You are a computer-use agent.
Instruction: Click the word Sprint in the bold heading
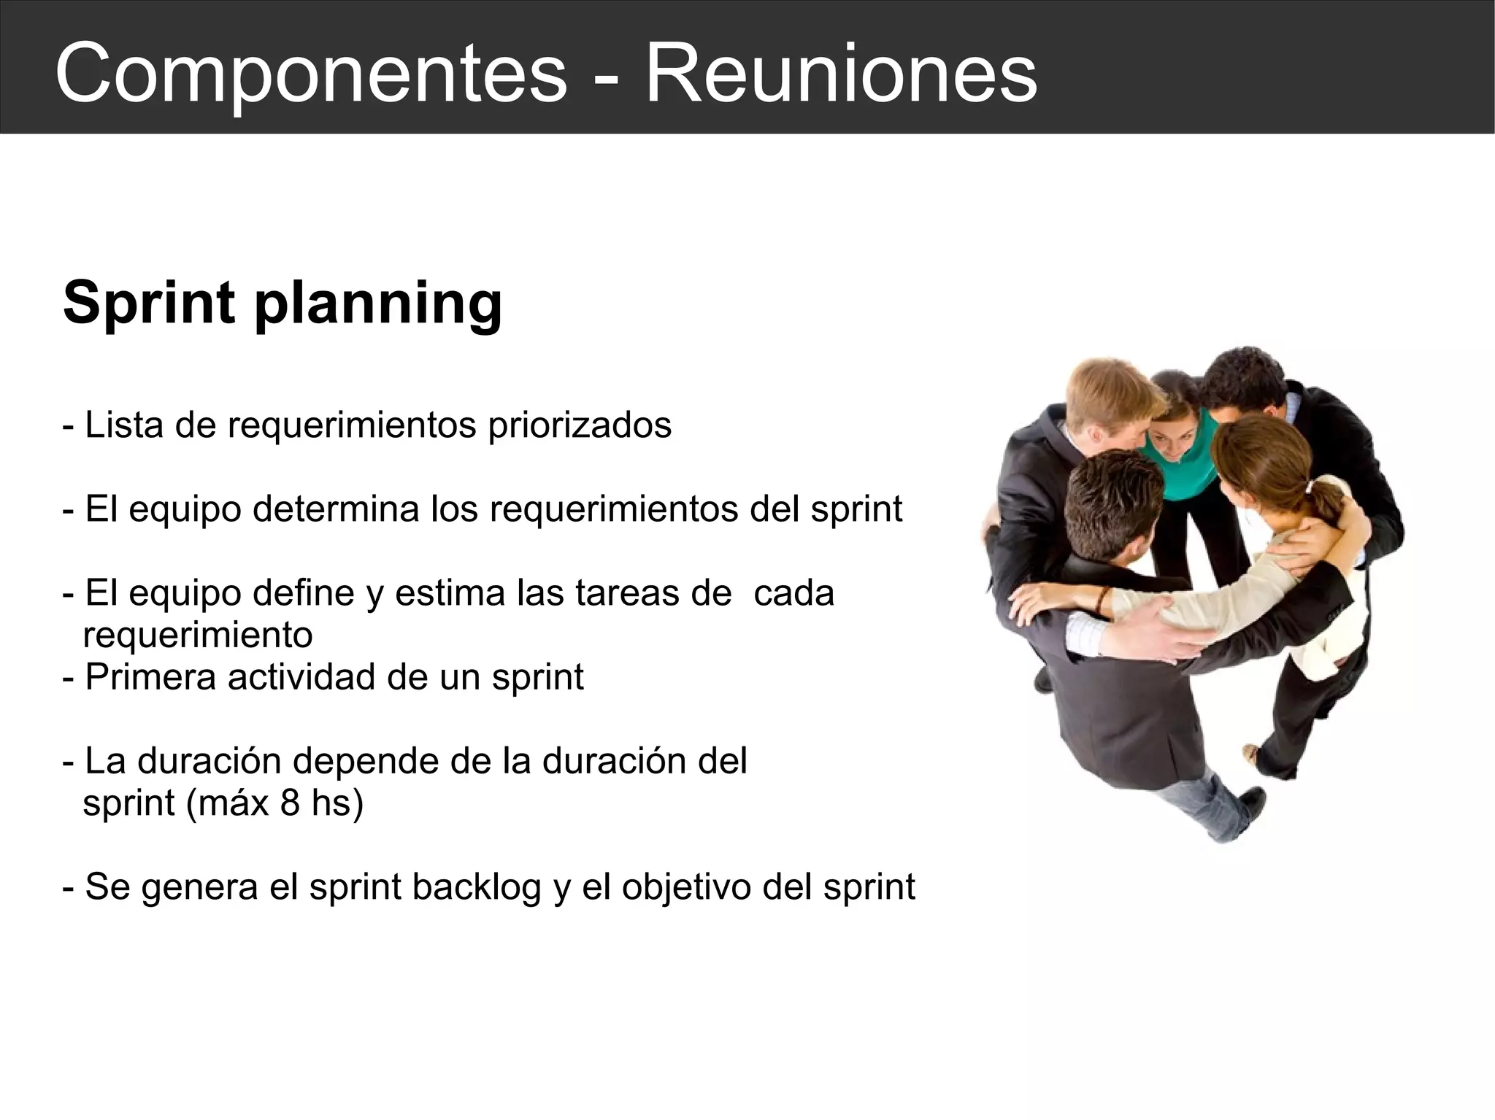(149, 302)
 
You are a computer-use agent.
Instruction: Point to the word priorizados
(580, 426)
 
